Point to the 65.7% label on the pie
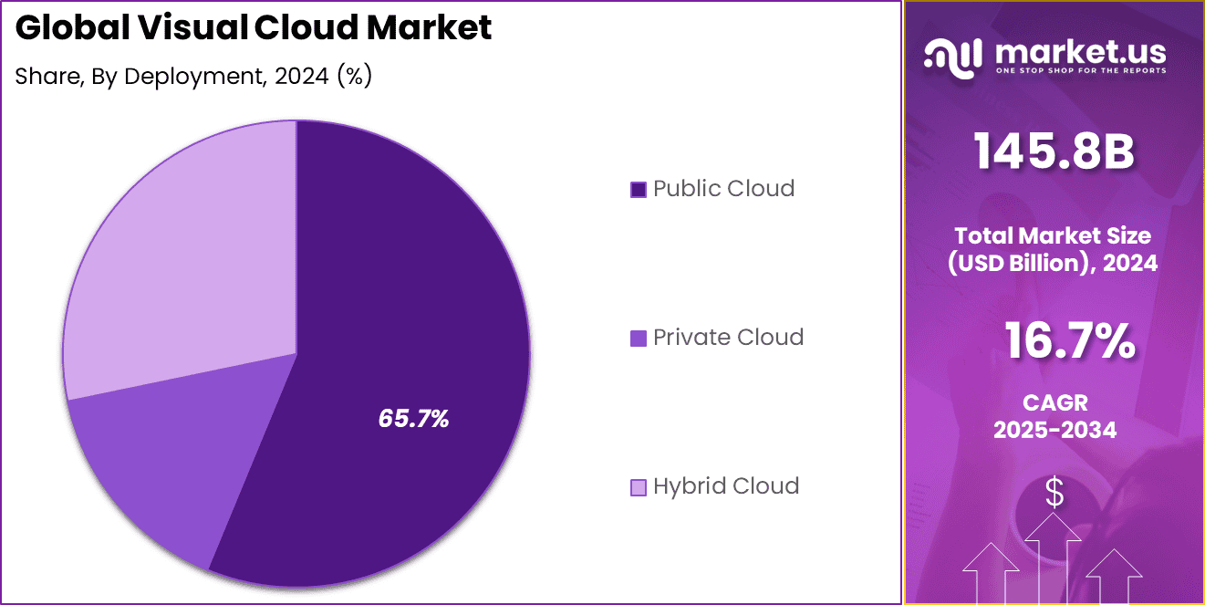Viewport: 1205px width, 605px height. pos(413,419)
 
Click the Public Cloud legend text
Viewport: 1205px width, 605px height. pos(723,189)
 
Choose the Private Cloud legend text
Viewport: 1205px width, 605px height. pos(728,338)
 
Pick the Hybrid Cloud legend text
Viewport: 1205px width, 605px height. pos(726,486)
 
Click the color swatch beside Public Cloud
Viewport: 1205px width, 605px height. pos(639,190)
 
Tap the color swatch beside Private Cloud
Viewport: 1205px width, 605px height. pos(639,339)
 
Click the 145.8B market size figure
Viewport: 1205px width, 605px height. pos(1054,152)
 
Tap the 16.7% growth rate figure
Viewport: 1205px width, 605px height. pos(1069,342)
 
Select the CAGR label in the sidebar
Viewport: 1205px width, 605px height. pos(1054,402)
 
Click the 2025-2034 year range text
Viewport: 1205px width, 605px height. pos(1054,430)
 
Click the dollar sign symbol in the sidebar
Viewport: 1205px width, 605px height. pos(1054,494)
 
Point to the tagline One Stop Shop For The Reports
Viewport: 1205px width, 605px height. pos(1080,71)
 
